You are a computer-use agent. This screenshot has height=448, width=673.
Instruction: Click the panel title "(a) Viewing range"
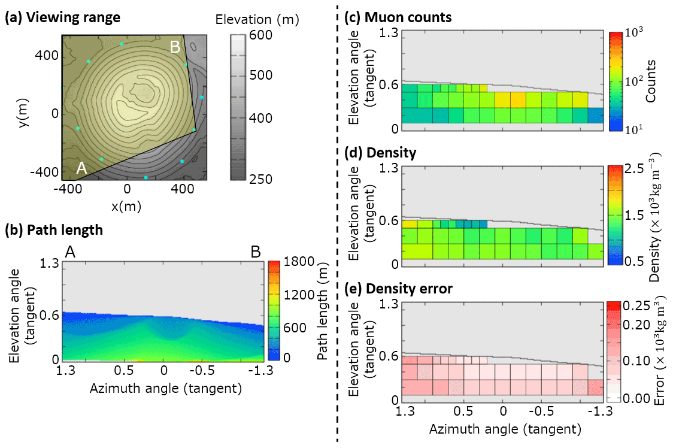point(63,17)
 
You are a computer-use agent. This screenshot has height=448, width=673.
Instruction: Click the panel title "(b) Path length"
point(53,229)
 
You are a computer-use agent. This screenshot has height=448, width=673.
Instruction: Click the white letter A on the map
point(82,169)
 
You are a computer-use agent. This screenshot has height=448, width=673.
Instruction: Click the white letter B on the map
point(175,47)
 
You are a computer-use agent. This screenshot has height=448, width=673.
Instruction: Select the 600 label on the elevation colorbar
point(260,35)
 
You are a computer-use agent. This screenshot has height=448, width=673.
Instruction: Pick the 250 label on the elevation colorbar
point(260,179)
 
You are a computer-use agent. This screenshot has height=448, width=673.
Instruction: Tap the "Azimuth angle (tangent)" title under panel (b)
point(165,389)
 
